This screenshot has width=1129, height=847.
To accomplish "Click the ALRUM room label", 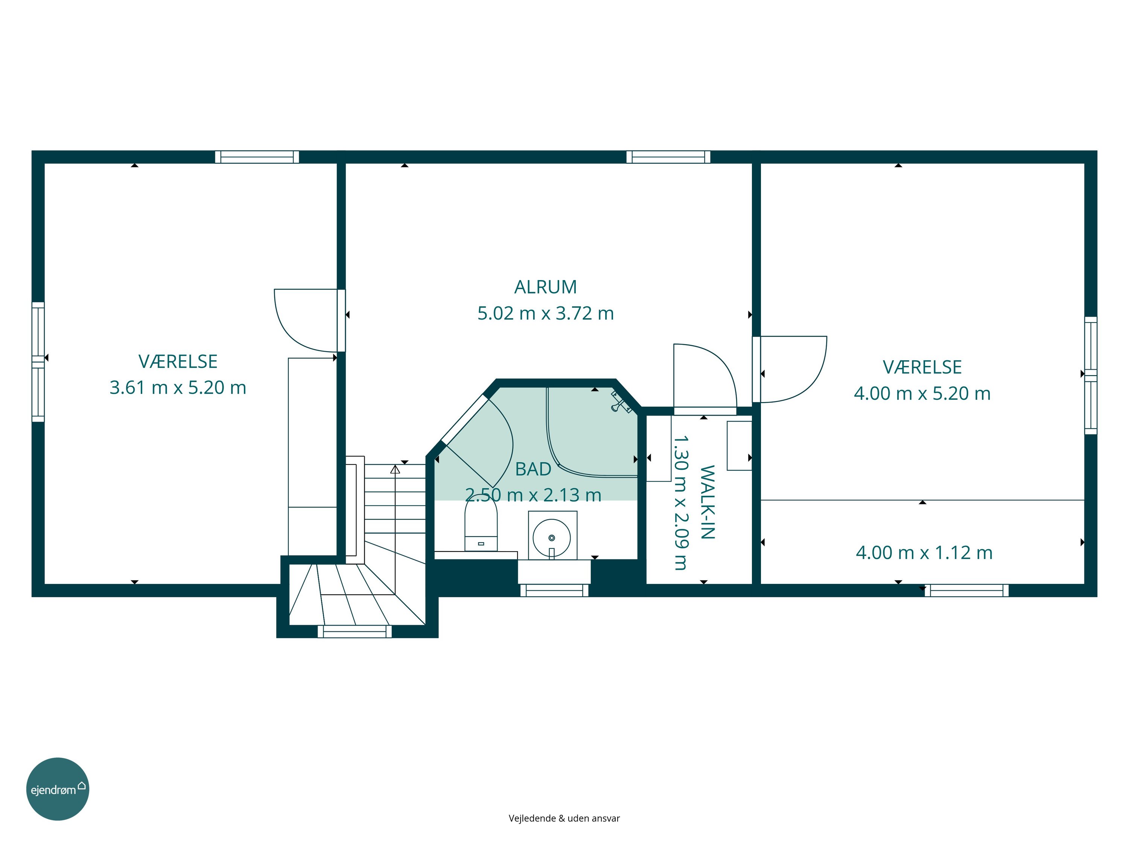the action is [545, 287].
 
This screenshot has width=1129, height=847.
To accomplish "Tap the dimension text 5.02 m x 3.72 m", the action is [545, 313].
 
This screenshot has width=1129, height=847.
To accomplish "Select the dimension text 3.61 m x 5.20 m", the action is [178, 387].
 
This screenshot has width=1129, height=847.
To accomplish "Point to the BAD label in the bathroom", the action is [533, 469].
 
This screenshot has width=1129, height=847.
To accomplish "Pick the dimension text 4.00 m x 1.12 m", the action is [924, 552].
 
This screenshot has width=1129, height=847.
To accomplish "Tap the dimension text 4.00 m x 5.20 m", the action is [922, 393].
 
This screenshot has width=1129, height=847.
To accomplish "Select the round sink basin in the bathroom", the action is [552, 538].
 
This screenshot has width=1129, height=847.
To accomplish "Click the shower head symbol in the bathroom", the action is [621, 401].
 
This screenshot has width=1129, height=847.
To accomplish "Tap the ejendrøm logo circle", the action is [58, 789].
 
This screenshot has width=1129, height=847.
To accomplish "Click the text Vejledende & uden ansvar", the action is [564, 818].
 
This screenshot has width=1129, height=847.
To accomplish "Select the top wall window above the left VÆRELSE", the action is [257, 157].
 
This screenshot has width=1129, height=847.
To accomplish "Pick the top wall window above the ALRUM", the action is [668, 157].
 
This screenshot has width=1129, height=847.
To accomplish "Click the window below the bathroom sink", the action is [554, 590].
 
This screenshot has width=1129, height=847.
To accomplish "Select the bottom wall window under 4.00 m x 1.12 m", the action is [967, 590].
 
